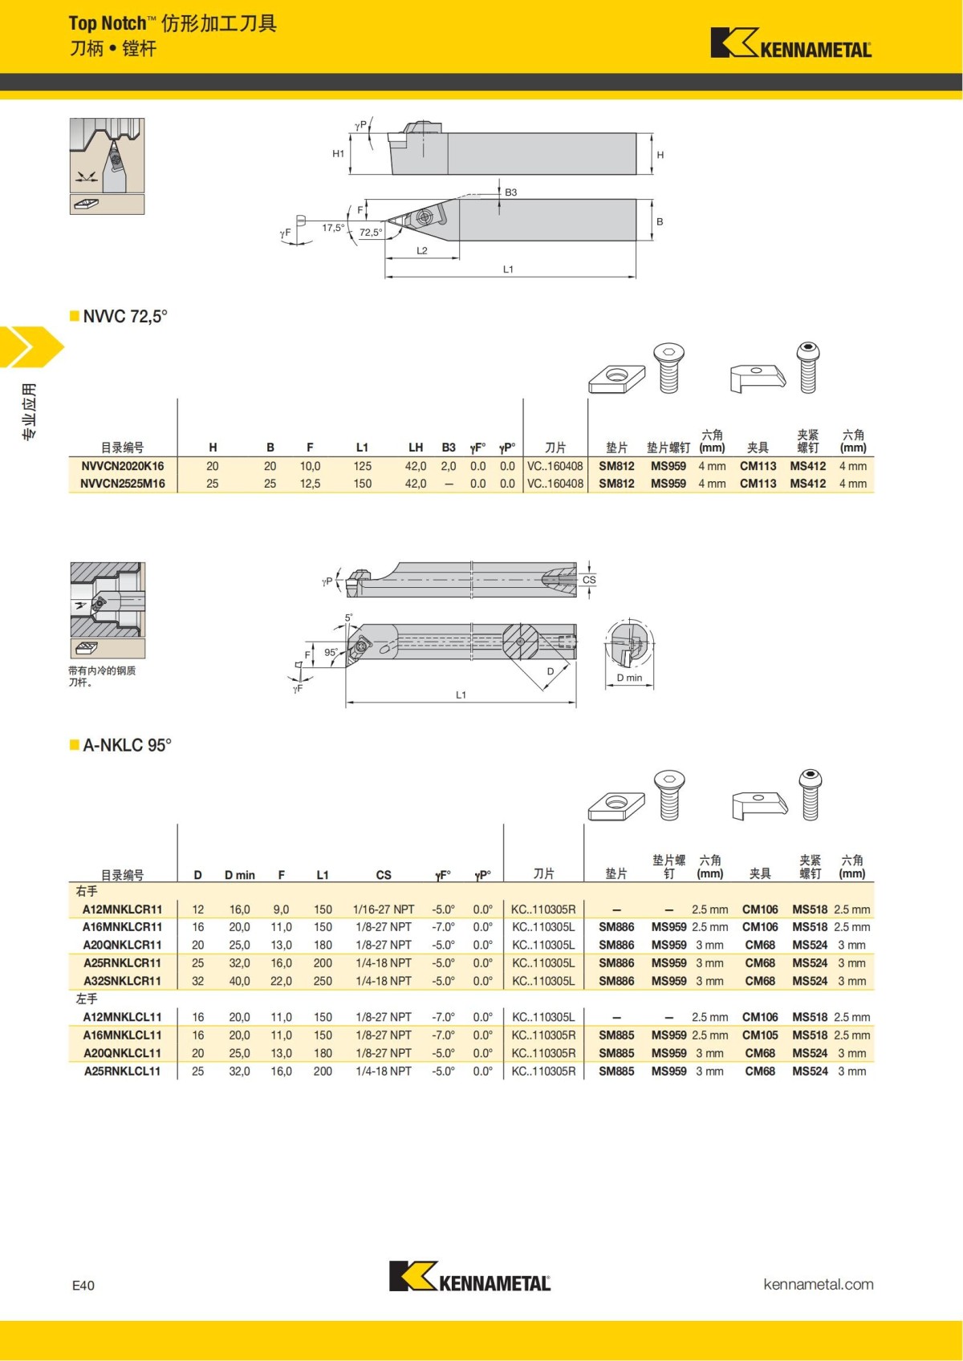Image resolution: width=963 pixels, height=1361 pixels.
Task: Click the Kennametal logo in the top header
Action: [x=790, y=43]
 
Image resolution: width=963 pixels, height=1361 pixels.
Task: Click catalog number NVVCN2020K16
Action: [x=122, y=466]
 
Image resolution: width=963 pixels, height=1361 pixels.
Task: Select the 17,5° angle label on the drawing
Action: [x=333, y=228]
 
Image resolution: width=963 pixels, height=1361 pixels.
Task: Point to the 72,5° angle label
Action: [x=370, y=233]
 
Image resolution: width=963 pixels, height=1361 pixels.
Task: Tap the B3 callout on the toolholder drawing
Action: [x=510, y=192]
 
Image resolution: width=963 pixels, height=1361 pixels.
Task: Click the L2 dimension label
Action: [x=422, y=250]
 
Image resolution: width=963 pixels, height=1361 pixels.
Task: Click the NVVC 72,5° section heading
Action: [x=124, y=316]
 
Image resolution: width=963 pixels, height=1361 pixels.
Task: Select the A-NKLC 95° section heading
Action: [x=127, y=745]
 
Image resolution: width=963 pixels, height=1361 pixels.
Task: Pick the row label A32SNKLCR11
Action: [x=122, y=981]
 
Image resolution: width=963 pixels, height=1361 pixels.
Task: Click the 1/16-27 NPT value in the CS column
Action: [x=384, y=909]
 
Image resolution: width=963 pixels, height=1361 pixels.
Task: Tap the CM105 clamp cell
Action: [x=760, y=1035]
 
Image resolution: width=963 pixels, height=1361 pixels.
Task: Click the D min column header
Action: [x=239, y=875]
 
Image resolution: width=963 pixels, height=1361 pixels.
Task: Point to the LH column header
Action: [x=416, y=448]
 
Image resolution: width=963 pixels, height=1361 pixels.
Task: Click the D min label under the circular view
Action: [x=629, y=678]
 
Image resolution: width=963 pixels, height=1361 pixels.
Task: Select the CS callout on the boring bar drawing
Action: [x=589, y=580]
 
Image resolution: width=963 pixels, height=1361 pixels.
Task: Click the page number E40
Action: [x=83, y=1286]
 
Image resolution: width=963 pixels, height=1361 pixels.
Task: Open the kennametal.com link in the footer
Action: [x=818, y=1284]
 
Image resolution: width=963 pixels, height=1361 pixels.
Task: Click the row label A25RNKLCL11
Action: [x=122, y=1071]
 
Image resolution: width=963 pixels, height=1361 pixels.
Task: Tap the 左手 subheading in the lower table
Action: [x=87, y=999]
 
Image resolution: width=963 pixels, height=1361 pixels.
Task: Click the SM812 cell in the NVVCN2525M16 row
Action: [x=616, y=484]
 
